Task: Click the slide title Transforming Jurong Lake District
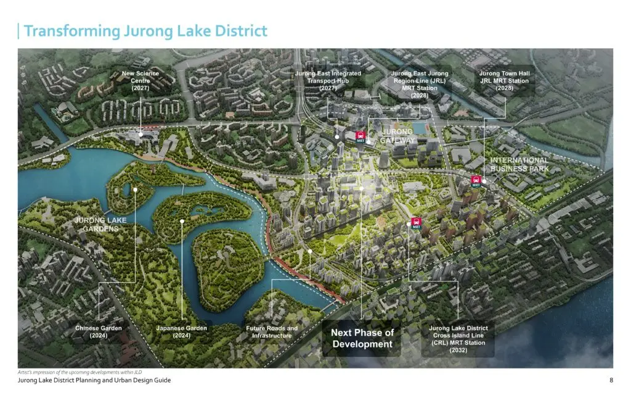coord(145,31)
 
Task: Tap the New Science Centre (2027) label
coord(140,81)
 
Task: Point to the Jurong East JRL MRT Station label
coord(420,84)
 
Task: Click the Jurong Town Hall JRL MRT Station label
coord(505,81)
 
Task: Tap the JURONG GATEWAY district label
coord(397,136)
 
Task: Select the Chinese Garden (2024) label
coord(99,332)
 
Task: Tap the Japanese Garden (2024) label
coord(181,332)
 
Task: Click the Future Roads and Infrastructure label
coord(271,332)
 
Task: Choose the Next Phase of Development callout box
coord(362,338)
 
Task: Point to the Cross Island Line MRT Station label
coord(458,339)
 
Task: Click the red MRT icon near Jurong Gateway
coord(360,137)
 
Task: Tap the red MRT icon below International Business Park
coord(475,181)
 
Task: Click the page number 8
coord(610,381)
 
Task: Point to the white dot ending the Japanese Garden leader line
coord(182,220)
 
